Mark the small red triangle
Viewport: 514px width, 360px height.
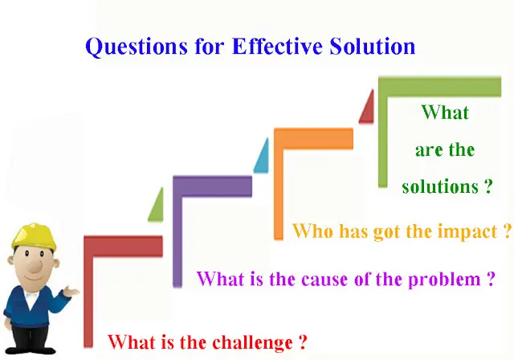(x=367, y=107)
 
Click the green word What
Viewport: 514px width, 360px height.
(x=445, y=112)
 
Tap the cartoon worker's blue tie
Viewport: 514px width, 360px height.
(x=31, y=298)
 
